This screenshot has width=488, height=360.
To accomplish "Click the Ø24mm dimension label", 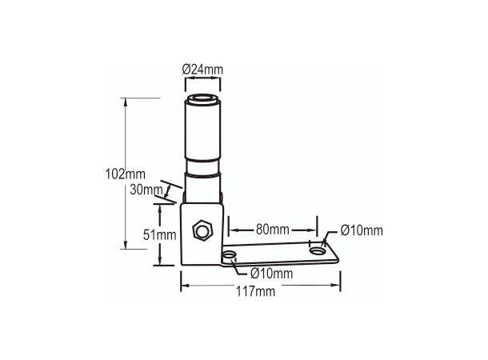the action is (x=202, y=70).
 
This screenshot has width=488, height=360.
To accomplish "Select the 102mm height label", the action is (x=125, y=174).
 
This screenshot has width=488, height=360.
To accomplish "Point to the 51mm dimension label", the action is (x=160, y=235).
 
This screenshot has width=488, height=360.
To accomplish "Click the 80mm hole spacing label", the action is (x=273, y=230).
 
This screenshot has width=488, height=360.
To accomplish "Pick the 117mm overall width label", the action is (x=255, y=291).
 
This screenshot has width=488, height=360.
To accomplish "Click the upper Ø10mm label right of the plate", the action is (x=362, y=230).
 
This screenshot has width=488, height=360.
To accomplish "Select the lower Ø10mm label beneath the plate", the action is (x=272, y=274).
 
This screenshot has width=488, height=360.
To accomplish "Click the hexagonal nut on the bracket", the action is (x=202, y=230).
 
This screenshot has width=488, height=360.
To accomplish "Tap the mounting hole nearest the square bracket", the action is (x=230, y=255).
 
